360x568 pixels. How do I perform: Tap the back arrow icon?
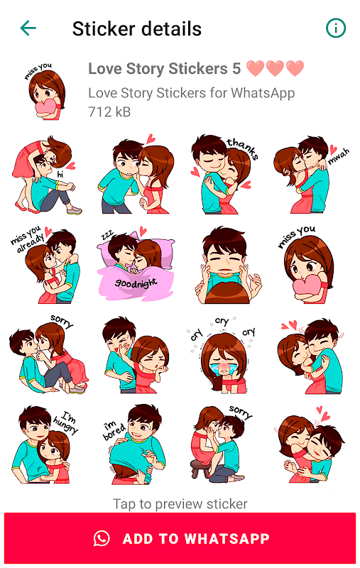point(28,28)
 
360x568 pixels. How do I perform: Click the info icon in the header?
point(336,28)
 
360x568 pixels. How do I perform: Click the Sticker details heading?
point(137,28)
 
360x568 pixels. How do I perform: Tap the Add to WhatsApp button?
point(180,538)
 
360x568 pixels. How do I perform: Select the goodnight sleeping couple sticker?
point(136,266)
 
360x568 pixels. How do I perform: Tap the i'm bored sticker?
point(135,444)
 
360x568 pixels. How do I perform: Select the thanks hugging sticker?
point(224,174)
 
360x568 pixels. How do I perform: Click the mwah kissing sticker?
point(312,175)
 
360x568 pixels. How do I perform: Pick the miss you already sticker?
point(45,266)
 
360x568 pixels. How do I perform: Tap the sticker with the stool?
point(221,444)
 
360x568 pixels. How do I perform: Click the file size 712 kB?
point(109,112)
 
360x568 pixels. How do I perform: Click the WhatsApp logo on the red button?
point(102,538)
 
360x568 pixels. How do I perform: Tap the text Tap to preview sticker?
point(180,504)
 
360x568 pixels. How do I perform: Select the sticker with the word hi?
point(45,175)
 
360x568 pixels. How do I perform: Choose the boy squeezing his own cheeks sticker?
point(227,266)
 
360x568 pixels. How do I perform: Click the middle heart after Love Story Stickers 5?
point(275,68)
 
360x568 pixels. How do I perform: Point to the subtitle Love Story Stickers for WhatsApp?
point(192,93)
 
